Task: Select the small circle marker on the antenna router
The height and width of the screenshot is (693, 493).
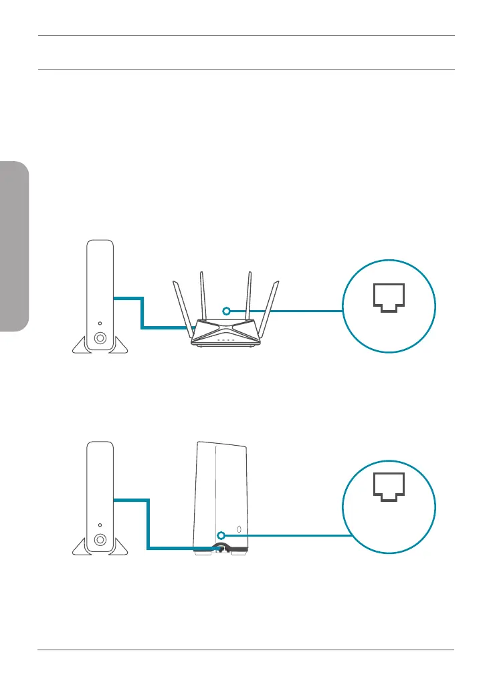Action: [x=227, y=311]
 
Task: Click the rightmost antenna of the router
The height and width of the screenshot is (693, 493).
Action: [x=271, y=307]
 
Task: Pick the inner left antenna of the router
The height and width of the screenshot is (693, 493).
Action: [x=203, y=294]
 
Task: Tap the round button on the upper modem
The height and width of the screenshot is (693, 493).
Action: [x=100, y=338]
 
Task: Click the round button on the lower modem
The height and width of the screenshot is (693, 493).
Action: [x=100, y=539]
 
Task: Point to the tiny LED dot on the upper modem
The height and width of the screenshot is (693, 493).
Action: [x=100, y=322]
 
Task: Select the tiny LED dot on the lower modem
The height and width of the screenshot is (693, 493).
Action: [x=100, y=524]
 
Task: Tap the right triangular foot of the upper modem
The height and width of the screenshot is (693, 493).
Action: [x=118, y=345]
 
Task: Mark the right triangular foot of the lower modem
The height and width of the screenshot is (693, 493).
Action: [x=118, y=547]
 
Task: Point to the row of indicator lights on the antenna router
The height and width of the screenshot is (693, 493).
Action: [x=225, y=340]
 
